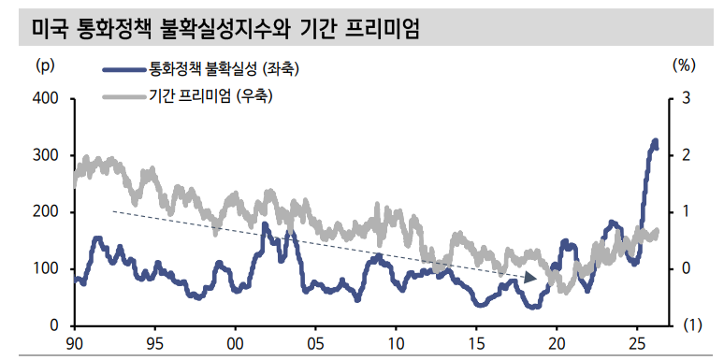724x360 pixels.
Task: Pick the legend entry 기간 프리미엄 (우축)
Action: [x=216, y=95]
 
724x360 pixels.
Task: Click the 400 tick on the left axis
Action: [x=46, y=98]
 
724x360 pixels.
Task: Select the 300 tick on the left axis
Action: [x=46, y=155]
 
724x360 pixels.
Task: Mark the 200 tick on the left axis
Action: [x=46, y=212]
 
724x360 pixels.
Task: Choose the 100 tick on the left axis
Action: [x=46, y=269]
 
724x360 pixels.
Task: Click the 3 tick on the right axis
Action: [x=686, y=98]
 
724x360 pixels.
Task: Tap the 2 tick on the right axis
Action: [x=686, y=155]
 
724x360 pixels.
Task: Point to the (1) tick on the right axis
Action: [x=690, y=325]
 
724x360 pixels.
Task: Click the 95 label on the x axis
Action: [x=155, y=343]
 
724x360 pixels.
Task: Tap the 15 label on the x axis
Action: [x=476, y=343]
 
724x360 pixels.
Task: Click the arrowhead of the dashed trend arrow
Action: [x=530, y=278]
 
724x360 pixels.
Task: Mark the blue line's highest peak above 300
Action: [x=655, y=141]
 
